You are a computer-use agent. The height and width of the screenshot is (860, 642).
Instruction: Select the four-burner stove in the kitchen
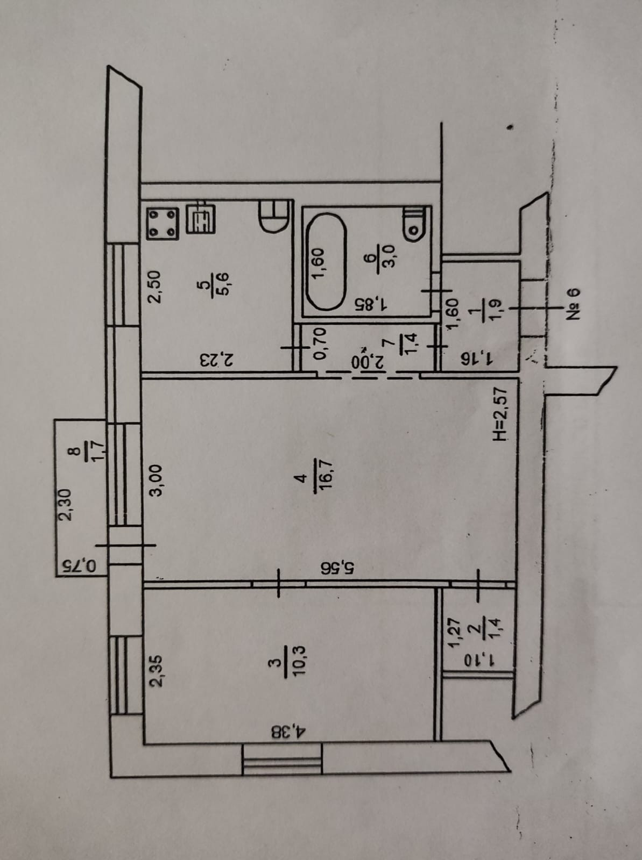(163, 224)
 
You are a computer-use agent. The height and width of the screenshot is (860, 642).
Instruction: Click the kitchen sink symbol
(201, 219)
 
